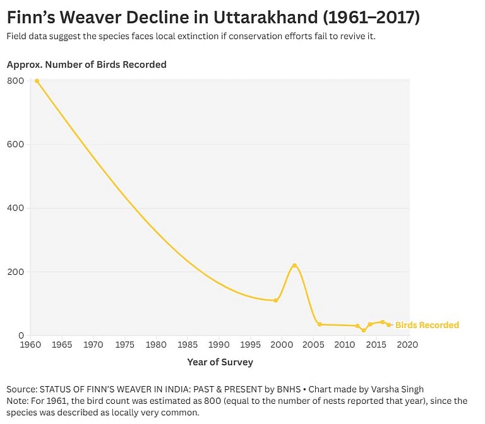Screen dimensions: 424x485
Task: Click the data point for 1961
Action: click(x=37, y=81)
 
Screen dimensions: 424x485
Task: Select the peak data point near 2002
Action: click(x=294, y=265)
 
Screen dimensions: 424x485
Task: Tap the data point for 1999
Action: click(x=275, y=300)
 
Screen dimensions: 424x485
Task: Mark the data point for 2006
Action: click(x=320, y=324)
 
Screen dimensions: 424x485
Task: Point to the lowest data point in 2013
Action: click(x=364, y=330)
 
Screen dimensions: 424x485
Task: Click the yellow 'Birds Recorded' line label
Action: click(x=427, y=325)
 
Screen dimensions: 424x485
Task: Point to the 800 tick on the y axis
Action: click(x=16, y=81)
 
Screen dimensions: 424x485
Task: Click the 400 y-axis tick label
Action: click(x=16, y=208)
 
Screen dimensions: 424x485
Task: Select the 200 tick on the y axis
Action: click(x=16, y=272)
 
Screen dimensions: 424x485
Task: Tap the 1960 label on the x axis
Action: click(x=30, y=345)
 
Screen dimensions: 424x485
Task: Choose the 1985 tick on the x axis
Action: click(x=188, y=345)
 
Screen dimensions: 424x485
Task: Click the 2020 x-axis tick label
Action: click(x=407, y=345)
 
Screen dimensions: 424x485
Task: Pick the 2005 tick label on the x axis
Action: click(x=313, y=345)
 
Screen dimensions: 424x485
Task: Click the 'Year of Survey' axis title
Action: click(x=220, y=362)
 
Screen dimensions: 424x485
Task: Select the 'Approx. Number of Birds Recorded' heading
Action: click(x=87, y=64)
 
